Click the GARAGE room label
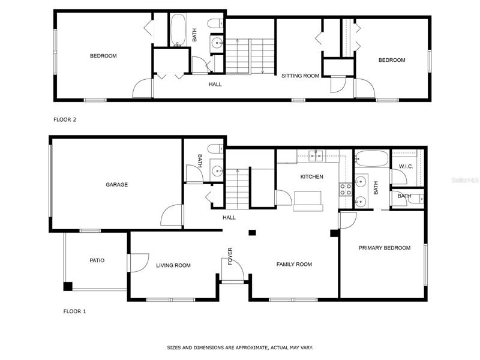point(116,185)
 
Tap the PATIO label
point(97,260)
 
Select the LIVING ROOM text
point(173,265)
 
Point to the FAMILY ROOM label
point(294,264)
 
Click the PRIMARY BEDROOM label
point(385,248)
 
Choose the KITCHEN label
point(311,176)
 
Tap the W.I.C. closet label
point(406,167)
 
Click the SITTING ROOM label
point(301,76)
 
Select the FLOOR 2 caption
point(65,119)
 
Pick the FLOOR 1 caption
point(74,311)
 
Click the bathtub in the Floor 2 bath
point(178,30)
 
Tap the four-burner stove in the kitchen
point(346,190)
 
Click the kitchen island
point(308,201)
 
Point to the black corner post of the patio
point(68,287)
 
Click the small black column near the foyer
point(252,233)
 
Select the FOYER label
point(230,256)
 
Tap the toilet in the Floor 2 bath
point(215,23)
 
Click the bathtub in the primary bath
point(371,158)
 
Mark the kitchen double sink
point(316,156)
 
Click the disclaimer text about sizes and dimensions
point(240,348)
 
